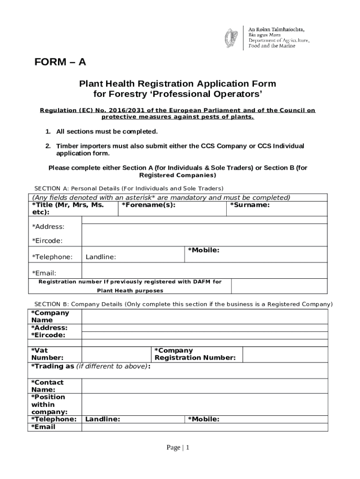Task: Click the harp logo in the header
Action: click(x=231, y=37)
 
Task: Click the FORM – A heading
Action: click(x=60, y=63)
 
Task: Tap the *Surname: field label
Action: click(x=249, y=205)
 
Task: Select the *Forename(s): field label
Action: click(x=149, y=205)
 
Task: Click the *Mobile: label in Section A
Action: click(x=203, y=250)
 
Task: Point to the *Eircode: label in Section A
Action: click(x=47, y=241)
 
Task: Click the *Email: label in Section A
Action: click(x=44, y=273)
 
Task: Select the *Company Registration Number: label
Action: click(x=195, y=354)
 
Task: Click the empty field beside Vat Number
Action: click(x=117, y=354)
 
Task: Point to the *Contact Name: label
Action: click(x=47, y=386)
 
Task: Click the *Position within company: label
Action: click(x=49, y=405)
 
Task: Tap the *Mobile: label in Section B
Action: click(x=203, y=419)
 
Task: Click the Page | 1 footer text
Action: click(x=178, y=448)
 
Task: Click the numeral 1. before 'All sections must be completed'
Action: click(x=48, y=131)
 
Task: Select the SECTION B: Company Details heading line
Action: click(x=180, y=304)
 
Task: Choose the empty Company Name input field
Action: click(x=204, y=317)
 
